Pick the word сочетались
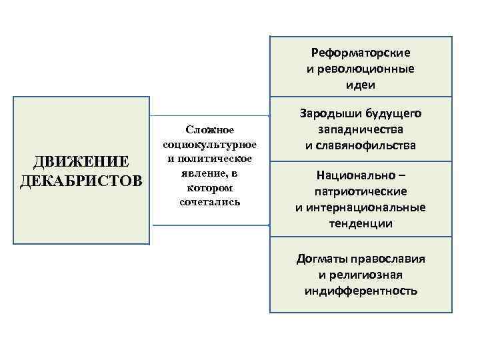pos(209,201)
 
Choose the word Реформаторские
pos(361,53)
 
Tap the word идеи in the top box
pos(361,85)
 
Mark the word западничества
pos(361,129)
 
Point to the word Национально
pos(355,176)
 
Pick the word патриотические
pos(361,192)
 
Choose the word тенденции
pos(361,223)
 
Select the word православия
pos(389,259)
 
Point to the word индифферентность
pos(361,291)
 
